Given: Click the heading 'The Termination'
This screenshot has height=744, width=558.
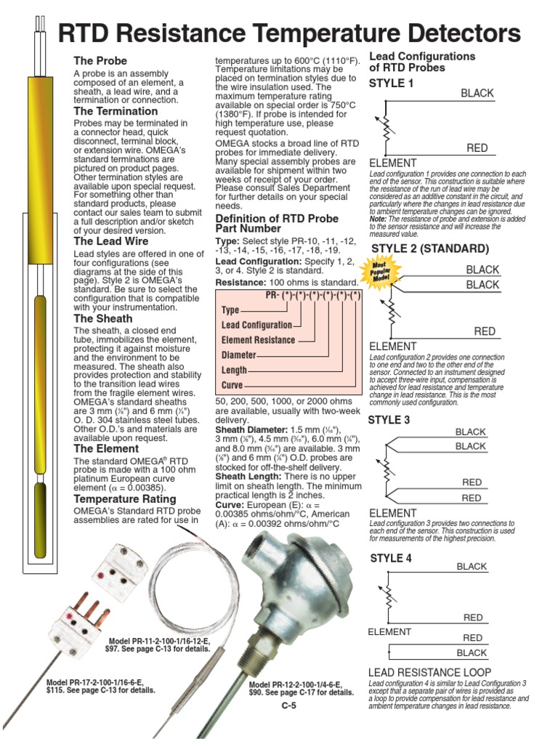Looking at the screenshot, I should click(x=116, y=112).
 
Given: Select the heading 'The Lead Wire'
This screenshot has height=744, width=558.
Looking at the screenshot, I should click(x=111, y=241).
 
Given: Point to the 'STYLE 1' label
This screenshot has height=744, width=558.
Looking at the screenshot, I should click(x=391, y=84).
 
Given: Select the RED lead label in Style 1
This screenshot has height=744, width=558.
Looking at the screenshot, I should click(x=477, y=148).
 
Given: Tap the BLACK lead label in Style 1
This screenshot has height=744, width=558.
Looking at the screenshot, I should click(x=477, y=93).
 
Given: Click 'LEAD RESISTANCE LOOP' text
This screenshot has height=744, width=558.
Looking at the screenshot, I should click(x=430, y=673).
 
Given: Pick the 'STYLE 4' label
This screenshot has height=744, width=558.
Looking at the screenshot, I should click(x=391, y=559).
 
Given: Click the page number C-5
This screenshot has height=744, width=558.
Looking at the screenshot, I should click(x=289, y=705).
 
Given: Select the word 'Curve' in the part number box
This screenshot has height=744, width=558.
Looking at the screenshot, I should click(x=232, y=385).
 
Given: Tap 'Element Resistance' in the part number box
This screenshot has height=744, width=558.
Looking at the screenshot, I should click(x=258, y=340).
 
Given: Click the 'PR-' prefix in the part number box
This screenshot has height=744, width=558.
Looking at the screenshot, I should click(x=274, y=295).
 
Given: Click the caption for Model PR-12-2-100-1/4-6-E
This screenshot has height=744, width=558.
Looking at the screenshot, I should click(x=302, y=689).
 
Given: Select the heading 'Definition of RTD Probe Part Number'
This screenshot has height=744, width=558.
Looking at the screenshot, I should click(x=277, y=224).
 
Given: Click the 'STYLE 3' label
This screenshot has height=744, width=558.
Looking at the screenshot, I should click(x=389, y=420).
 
